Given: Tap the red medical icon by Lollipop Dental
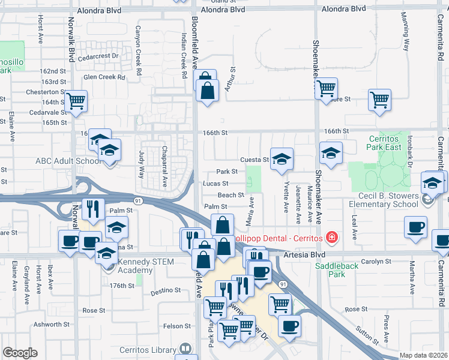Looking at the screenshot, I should click(330, 238).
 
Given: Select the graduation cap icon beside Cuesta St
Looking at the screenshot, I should click(281, 159).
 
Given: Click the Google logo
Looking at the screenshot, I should click(20, 353).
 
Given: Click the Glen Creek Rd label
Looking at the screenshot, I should click(104, 77).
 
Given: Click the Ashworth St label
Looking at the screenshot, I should click(52, 325).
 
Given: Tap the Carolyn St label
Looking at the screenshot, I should click(376, 262).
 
